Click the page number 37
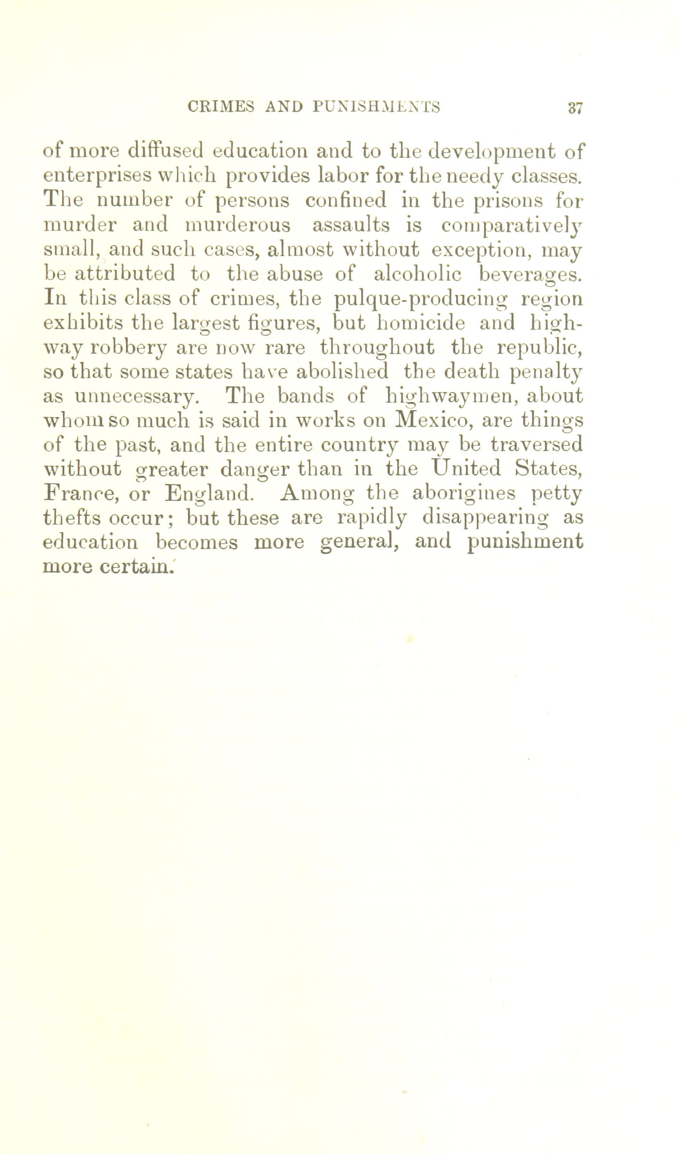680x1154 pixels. coord(575,107)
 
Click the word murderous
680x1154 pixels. coord(238,225)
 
